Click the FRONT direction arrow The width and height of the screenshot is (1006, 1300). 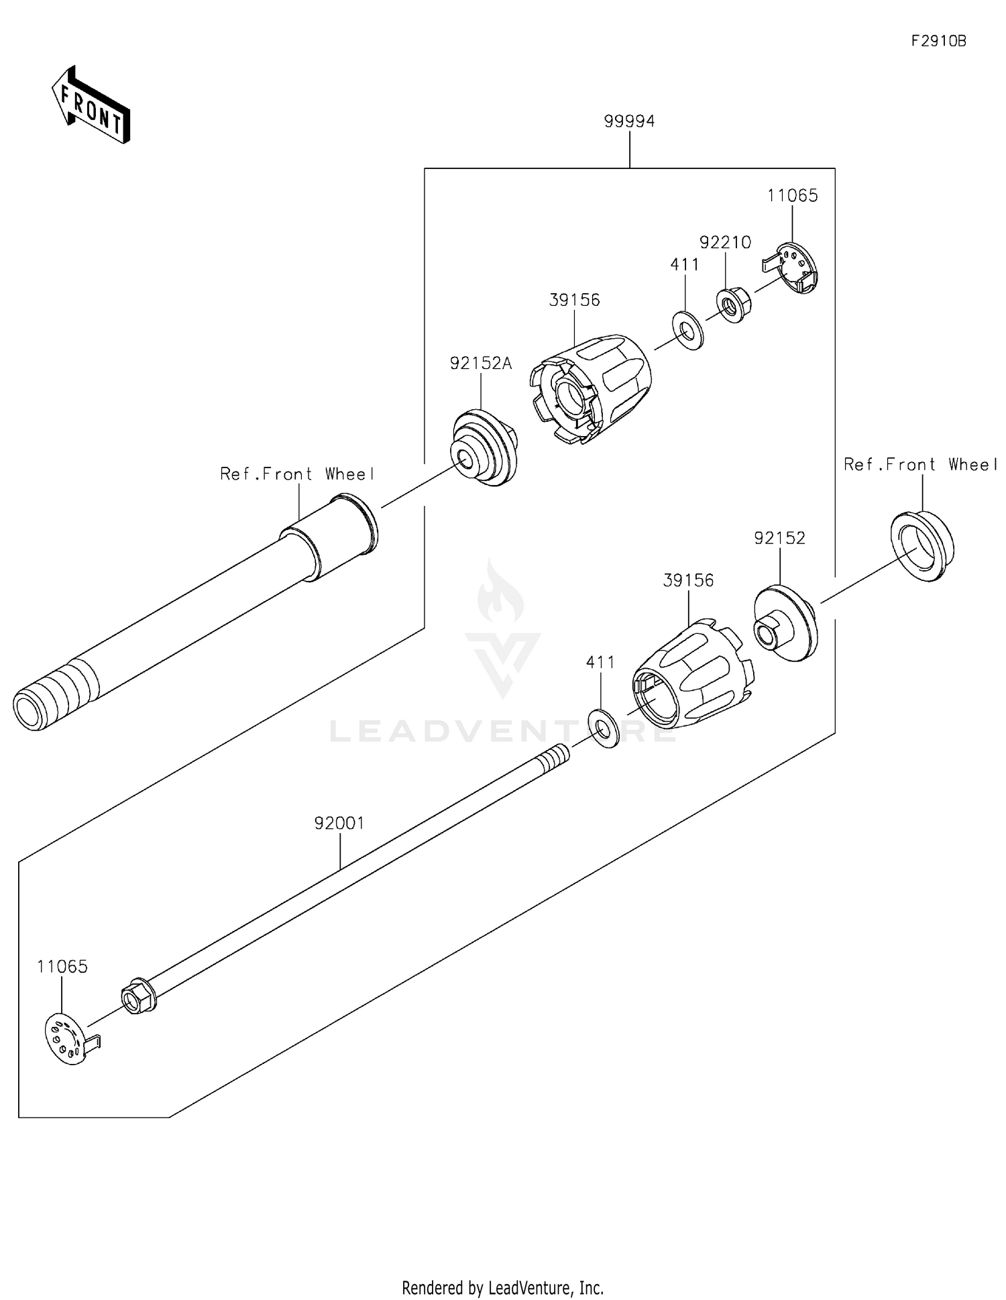[91, 105]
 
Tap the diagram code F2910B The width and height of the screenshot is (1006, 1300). [938, 42]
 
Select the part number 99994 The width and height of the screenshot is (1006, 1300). [628, 121]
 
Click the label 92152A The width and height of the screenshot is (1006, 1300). [480, 364]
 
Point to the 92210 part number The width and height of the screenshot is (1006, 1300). [725, 242]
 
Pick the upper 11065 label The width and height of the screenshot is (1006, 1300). [792, 196]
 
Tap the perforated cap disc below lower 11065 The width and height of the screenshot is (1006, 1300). [68, 1041]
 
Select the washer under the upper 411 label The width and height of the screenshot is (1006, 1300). [687, 329]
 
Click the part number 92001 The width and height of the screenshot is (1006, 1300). [339, 823]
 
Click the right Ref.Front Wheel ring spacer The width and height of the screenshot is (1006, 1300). [921, 545]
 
